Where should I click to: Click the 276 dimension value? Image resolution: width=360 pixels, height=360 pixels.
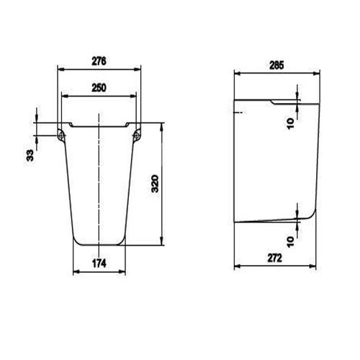point(99,61)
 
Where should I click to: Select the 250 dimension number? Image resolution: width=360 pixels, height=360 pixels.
point(99,88)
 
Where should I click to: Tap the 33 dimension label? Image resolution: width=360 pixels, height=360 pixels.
point(30,156)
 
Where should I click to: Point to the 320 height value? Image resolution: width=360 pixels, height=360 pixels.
point(155,184)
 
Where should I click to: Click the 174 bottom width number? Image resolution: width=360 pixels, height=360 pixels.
point(99,264)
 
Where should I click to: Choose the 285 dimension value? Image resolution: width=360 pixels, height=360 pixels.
point(276,66)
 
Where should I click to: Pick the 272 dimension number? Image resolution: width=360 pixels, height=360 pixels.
point(275,258)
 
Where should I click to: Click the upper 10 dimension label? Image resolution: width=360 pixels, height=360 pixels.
point(290,124)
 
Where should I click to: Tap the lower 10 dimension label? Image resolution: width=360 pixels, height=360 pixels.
point(290,242)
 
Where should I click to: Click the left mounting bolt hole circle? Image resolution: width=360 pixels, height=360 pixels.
point(60,136)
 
